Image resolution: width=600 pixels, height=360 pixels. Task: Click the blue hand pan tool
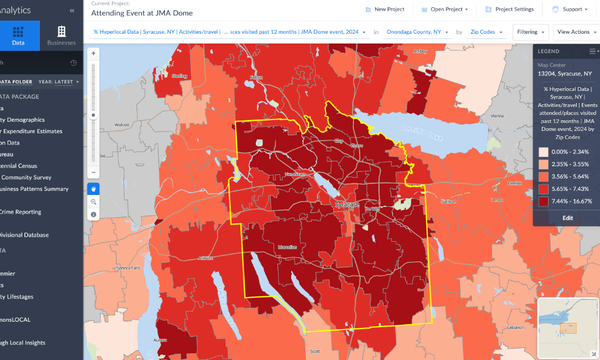94,187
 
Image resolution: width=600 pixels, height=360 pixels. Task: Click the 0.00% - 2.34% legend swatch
544,151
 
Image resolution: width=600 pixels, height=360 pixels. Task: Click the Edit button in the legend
567,217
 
